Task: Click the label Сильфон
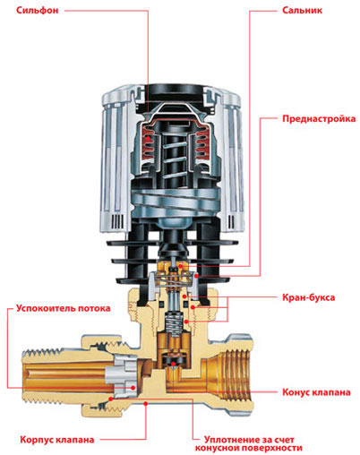coord(37,11)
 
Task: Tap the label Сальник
coord(302,11)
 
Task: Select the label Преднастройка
coord(319,119)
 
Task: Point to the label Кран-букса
coord(308,297)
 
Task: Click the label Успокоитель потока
coord(64,308)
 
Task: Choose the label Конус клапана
coord(316,392)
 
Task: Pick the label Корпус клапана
coord(57,440)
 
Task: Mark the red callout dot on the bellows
coord(148,139)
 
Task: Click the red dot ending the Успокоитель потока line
coord(133,388)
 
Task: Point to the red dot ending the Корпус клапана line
coord(146,404)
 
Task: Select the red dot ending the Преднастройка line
coord(196,276)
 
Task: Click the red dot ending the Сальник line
coord(180,266)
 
